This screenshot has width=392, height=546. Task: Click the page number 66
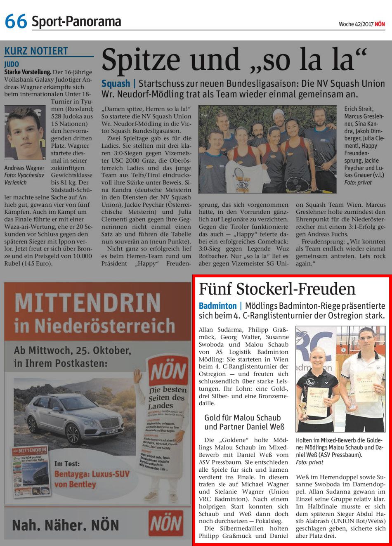(x=16, y=21)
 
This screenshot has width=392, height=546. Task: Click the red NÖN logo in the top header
(x=380, y=24)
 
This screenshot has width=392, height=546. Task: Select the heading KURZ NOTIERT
(x=36, y=51)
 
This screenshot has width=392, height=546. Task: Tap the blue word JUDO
(x=12, y=65)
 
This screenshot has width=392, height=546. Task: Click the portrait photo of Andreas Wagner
(x=25, y=132)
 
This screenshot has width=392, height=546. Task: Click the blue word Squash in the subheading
(x=116, y=84)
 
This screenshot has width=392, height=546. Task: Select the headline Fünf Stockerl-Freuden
(x=277, y=289)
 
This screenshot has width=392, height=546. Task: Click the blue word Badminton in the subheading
(x=217, y=306)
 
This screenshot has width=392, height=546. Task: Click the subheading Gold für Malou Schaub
(x=243, y=418)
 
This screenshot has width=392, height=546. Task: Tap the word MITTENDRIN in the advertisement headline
(x=87, y=303)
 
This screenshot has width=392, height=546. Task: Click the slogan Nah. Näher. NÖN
(x=66, y=525)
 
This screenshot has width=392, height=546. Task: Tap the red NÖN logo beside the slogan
(x=166, y=523)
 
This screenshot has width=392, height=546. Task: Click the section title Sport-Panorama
(x=76, y=21)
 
